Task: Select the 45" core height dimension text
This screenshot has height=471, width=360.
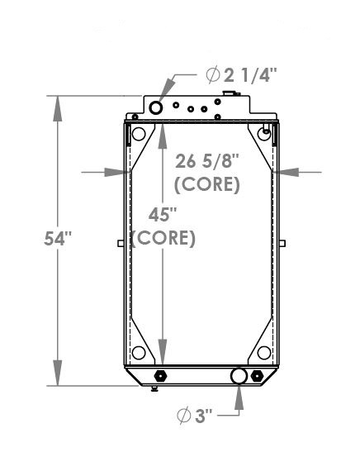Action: pos(163,215)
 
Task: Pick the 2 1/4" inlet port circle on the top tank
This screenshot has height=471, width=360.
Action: pos(157,106)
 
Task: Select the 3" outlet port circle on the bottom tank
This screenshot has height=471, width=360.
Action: pos(239,376)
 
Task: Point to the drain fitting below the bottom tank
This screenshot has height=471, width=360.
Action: pos(158,388)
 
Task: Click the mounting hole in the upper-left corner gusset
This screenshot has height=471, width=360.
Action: pos(139,135)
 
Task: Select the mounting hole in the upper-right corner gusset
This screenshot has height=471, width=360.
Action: pos(264,133)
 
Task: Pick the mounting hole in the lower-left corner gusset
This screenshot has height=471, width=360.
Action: pos(139,353)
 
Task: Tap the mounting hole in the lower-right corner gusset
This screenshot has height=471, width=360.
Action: pos(264,353)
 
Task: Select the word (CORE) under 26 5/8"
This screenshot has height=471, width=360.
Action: pos(208,184)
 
